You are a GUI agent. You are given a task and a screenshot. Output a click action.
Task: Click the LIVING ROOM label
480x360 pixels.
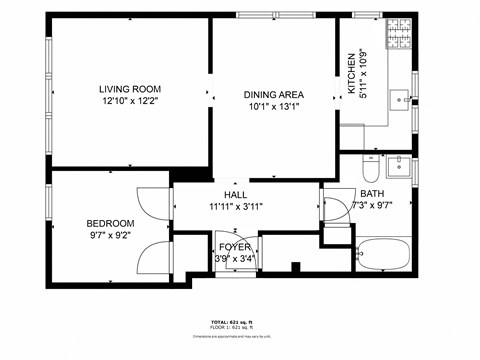[x=130, y=88]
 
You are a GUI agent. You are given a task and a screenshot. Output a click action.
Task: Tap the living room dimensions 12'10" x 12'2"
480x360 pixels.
[x=130, y=101]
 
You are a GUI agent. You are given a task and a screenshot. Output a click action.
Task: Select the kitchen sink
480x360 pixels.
[x=400, y=98]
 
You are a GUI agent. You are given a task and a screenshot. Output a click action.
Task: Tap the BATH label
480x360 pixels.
[x=373, y=193]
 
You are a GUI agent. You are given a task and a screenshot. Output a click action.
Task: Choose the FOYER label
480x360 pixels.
[x=235, y=246]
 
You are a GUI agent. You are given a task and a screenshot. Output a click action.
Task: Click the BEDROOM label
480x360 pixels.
[x=110, y=223]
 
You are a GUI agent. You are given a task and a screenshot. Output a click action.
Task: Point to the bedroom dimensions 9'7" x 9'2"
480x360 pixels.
[x=110, y=236]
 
